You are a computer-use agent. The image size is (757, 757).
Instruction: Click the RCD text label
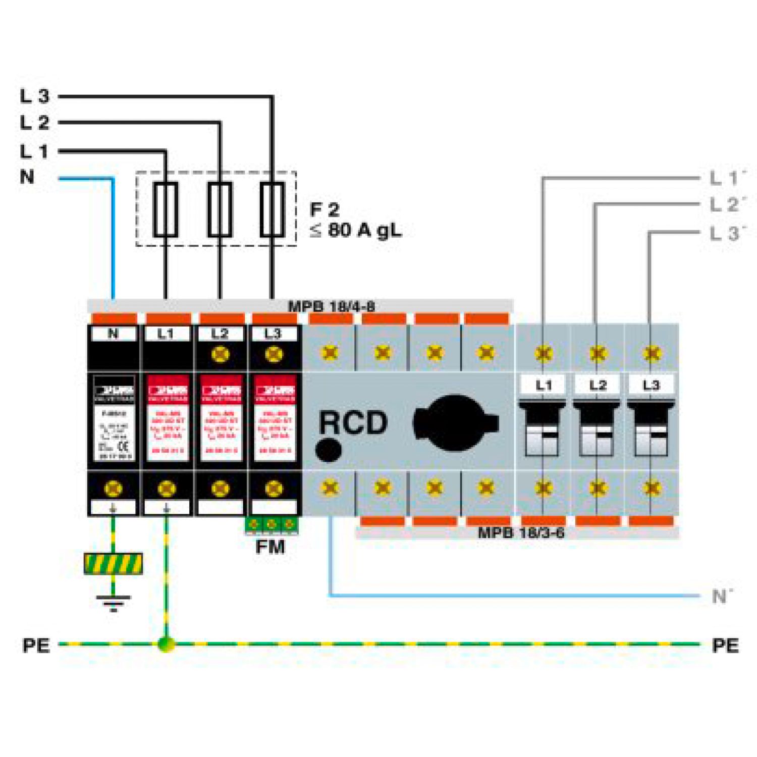353,422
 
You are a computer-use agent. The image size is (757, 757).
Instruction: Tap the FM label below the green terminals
270,547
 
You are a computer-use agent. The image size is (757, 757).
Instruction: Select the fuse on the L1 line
166,209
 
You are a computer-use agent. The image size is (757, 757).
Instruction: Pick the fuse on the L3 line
272,209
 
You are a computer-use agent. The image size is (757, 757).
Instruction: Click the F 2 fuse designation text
325,209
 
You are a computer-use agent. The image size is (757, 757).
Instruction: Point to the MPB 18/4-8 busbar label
331,306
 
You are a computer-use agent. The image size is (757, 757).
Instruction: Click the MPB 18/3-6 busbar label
521,532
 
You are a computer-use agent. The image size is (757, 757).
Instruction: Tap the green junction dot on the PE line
166,644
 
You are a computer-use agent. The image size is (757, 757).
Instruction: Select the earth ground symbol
114,602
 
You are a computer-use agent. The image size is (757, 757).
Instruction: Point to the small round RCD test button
329,450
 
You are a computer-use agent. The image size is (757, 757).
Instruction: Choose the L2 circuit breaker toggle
597,429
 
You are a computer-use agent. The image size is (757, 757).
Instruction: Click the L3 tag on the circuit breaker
651,386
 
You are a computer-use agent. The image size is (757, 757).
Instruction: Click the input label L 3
34,96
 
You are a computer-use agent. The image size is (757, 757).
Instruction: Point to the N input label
27,177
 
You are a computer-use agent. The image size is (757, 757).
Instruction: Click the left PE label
36,645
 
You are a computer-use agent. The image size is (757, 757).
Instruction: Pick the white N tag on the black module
113,334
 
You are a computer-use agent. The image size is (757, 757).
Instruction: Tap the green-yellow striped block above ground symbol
114,564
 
